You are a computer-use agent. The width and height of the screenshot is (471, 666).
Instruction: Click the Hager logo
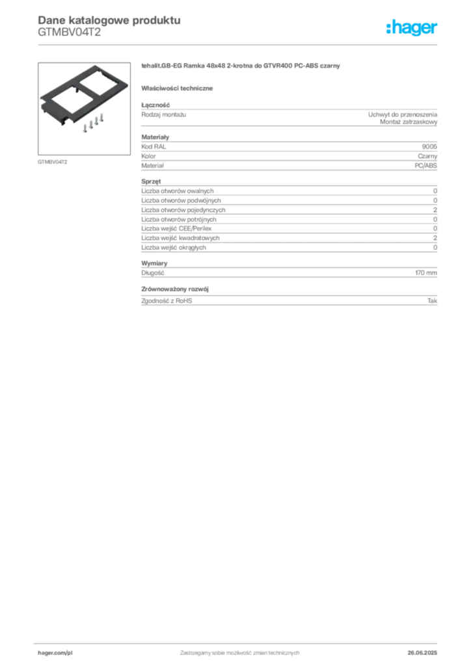click(412, 27)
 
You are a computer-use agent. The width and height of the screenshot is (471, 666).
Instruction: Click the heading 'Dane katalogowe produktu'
click(109, 20)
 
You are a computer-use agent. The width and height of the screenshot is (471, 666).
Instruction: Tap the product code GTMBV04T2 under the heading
click(69, 33)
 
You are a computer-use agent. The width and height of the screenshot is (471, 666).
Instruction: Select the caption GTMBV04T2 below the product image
click(52, 162)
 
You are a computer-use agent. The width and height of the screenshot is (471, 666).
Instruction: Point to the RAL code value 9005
click(429, 146)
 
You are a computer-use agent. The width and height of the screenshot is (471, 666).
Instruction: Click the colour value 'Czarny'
click(427, 156)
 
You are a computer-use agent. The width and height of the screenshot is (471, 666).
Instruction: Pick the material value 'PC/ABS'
click(425, 166)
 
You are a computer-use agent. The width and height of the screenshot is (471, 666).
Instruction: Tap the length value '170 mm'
click(426, 273)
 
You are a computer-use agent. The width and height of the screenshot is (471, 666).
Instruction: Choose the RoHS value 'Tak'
click(433, 300)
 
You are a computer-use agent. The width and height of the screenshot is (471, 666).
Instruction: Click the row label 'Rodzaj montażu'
click(163, 114)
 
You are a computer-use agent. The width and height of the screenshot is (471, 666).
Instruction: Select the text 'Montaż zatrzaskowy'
click(409, 122)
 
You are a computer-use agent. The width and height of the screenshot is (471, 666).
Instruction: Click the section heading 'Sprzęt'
click(151, 181)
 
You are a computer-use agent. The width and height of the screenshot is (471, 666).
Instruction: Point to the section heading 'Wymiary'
click(154, 263)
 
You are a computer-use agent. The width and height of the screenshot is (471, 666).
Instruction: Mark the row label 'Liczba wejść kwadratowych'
click(180, 238)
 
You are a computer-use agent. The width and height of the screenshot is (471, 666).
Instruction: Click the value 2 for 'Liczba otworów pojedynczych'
click(435, 210)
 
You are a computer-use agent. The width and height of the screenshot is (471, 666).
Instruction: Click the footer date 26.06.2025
click(422, 653)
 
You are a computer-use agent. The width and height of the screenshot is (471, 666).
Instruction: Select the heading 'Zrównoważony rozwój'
click(175, 289)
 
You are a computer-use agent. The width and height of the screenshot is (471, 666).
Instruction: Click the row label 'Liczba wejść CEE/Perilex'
click(176, 228)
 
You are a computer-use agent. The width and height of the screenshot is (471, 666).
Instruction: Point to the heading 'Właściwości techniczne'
click(177, 88)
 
